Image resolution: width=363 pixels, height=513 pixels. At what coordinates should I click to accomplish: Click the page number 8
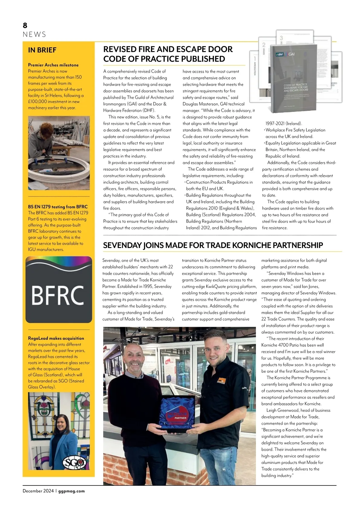[25, 25]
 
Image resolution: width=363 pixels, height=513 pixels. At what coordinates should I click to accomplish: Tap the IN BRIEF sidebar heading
[42, 50]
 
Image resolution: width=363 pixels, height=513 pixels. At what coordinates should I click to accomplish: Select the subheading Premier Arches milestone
[53, 65]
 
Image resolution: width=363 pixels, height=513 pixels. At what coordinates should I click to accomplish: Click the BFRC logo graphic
[59, 290]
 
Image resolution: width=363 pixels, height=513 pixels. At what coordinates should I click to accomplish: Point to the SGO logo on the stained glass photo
[74, 462]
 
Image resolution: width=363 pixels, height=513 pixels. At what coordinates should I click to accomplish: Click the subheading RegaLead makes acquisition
[56, 338]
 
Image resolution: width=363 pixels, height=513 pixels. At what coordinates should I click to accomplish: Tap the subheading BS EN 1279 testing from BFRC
[58, 207]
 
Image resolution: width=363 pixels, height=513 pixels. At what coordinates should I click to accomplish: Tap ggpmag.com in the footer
[71, 491]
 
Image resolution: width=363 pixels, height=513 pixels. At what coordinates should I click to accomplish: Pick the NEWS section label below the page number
[34, 35]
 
